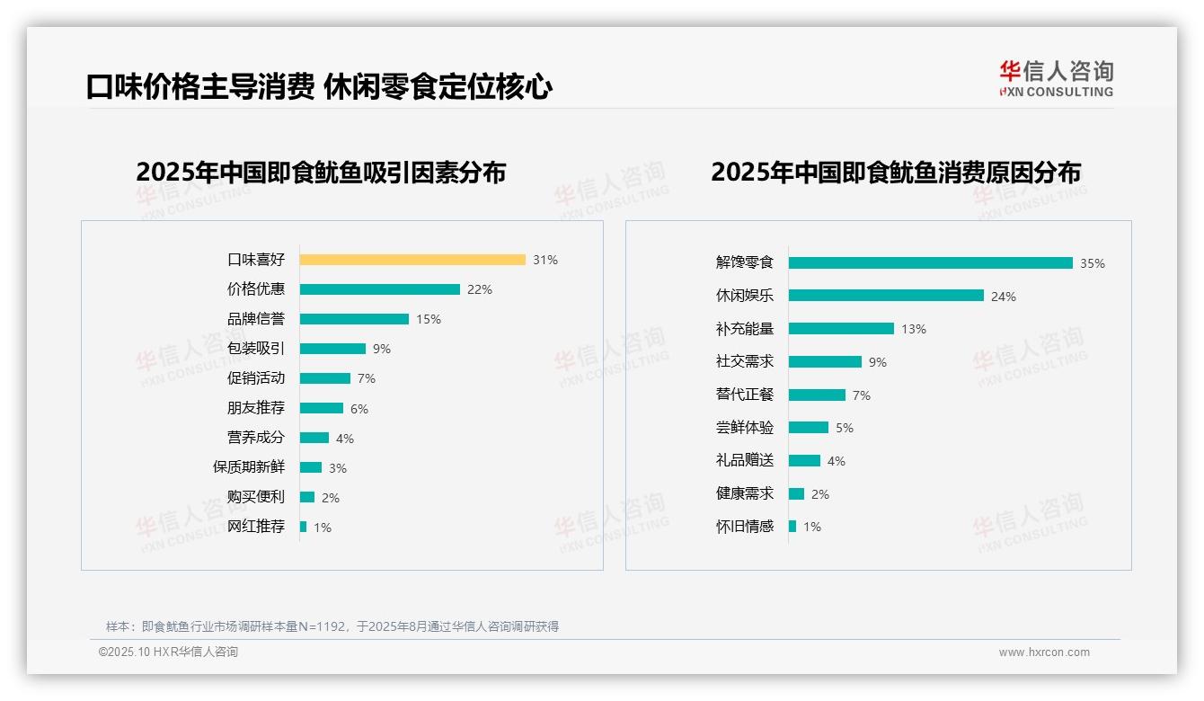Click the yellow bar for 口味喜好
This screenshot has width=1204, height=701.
point(412,260)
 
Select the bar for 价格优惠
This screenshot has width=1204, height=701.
point(379,289)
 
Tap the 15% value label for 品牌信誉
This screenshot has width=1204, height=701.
point(429,319)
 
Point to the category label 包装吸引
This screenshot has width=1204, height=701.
point(256,349)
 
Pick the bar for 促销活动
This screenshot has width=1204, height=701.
point(325,378)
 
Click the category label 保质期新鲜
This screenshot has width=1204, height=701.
point(249,467)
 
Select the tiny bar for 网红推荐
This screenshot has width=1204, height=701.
point(304,527)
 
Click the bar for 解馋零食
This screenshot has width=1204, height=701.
point(931,262)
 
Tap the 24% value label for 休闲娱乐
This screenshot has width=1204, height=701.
point(1004,297)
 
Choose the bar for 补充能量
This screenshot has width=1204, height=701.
point(841,329)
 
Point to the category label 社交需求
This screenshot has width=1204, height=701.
point(745,361)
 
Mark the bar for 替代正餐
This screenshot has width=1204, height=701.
point(817,395)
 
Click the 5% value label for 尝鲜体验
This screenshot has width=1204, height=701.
point(845,428)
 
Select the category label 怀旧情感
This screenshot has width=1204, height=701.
point(745,527)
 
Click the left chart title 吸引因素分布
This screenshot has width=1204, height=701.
point(321,172)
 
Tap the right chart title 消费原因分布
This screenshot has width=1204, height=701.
point(896,172)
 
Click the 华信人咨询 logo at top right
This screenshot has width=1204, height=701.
point(1056,79)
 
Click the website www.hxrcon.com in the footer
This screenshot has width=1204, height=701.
point(1044,652)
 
